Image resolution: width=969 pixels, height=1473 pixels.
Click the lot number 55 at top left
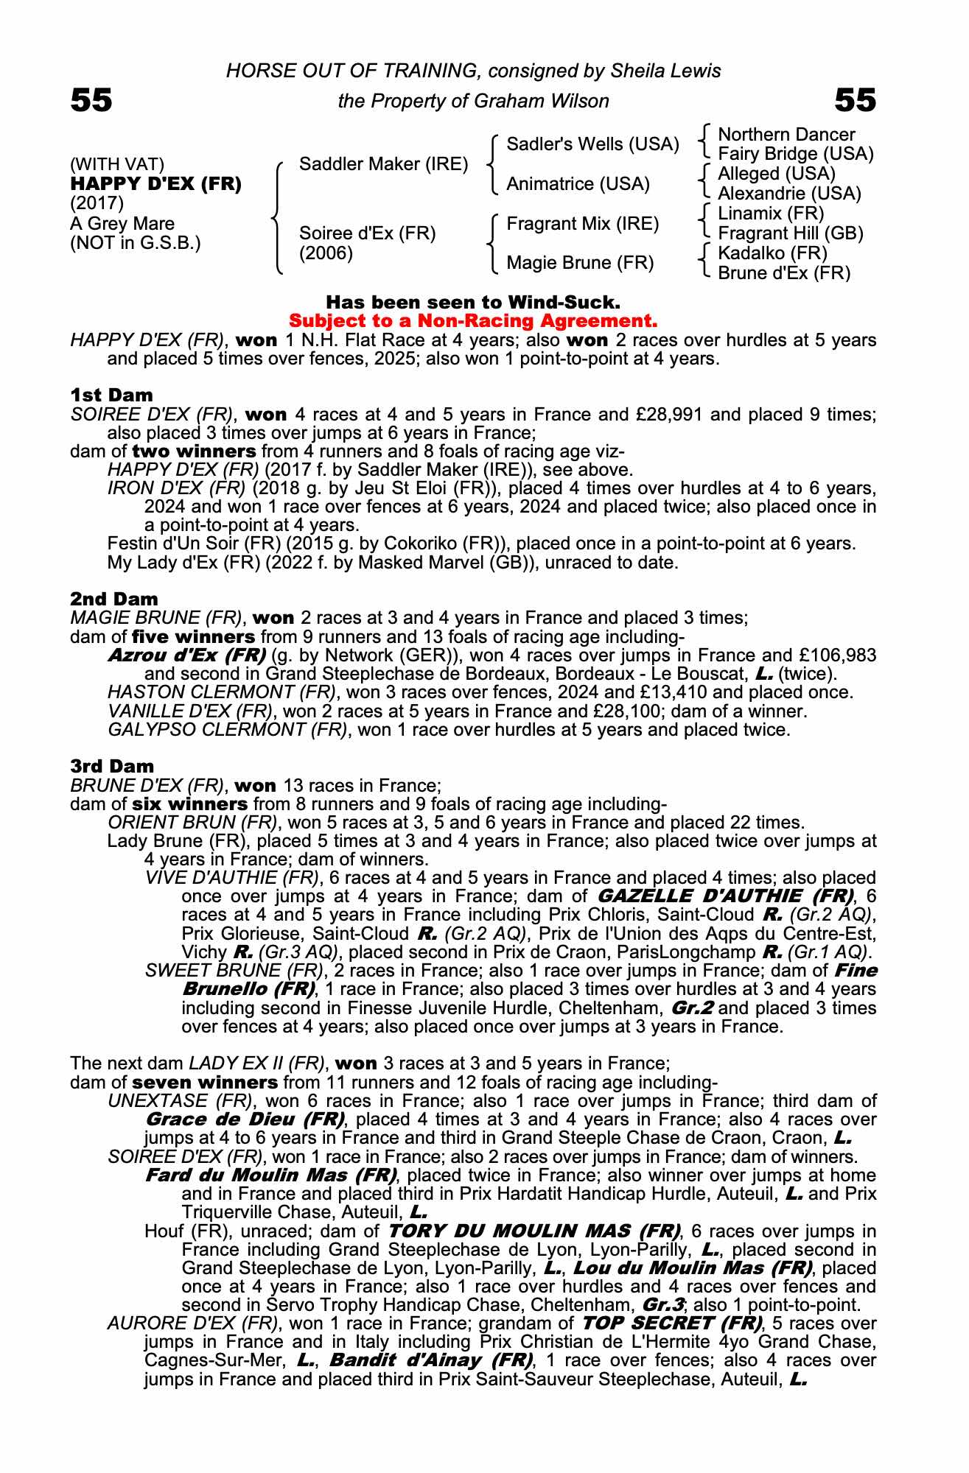click(x=91, y=100)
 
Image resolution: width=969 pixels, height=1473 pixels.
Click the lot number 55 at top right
click(x=855, y=100)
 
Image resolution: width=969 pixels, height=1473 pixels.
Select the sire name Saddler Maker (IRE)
click(x=383, y=164)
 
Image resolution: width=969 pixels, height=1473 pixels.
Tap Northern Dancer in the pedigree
click(x=786, y=135)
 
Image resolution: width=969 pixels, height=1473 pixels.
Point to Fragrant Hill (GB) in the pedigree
click(x=790, y=233)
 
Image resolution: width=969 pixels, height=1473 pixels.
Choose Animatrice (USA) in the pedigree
click(x=578, y=184)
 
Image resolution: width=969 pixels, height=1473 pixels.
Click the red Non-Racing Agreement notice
click(x=472, y=321)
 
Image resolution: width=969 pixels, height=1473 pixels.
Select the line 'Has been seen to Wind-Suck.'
click(x=472, y=303)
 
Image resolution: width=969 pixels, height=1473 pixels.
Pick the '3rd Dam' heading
click(x=112, y=767)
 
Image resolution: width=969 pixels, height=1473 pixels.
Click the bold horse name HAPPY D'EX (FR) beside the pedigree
click(x=155, y=184)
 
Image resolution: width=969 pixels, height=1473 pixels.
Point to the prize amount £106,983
click(x=836, y=655)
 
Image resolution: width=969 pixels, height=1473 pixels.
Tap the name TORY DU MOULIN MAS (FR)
click(x=534, y=1231)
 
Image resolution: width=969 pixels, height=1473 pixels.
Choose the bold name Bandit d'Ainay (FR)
click(x=431, y=1360)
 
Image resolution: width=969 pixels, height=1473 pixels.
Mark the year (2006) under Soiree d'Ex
click(x=326, y=253)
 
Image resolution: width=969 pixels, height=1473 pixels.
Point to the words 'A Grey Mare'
click(x=122, y=224)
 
